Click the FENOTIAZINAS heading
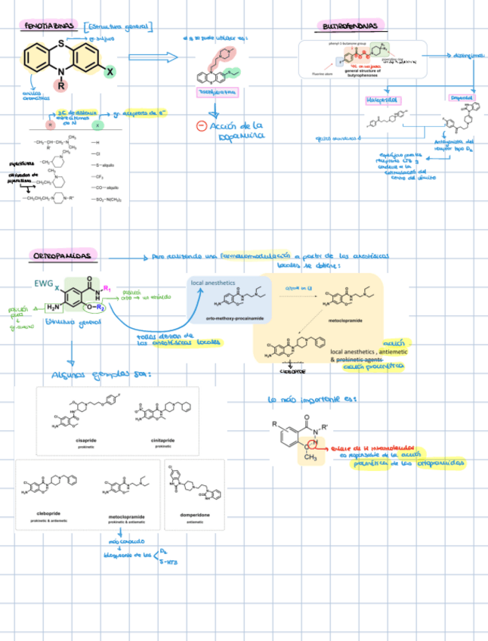(50, 26)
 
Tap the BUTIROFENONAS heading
(350, 26)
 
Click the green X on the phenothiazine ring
(109, 71)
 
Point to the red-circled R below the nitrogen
(61, 85)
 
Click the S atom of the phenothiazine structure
(61, 36)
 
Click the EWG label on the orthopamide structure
(44, 283)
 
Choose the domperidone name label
(193, 515)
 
